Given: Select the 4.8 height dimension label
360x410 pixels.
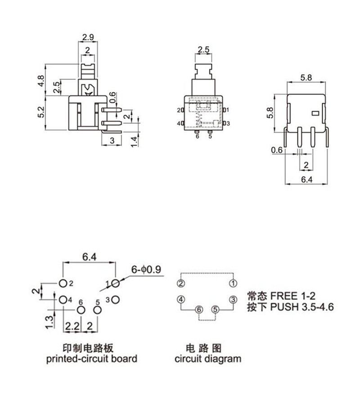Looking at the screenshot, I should tap(41, 81).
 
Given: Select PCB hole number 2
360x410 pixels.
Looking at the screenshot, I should tap(63, 283).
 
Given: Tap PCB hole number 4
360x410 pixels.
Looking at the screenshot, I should tap(63, 299).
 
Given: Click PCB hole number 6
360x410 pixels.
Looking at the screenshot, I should tap(81, 310).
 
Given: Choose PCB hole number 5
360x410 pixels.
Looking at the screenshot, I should tap(97, 310).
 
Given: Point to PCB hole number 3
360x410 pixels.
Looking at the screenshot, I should tap(116, 299).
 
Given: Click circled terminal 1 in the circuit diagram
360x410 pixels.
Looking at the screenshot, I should tap(233, 284).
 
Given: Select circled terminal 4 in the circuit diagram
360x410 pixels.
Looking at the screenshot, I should tap(181, 299).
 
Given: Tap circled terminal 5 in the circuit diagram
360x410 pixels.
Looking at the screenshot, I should tap(215, 310).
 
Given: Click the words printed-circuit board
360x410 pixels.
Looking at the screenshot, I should tap(92, 359).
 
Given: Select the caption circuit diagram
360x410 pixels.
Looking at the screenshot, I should tap(208, 359).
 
